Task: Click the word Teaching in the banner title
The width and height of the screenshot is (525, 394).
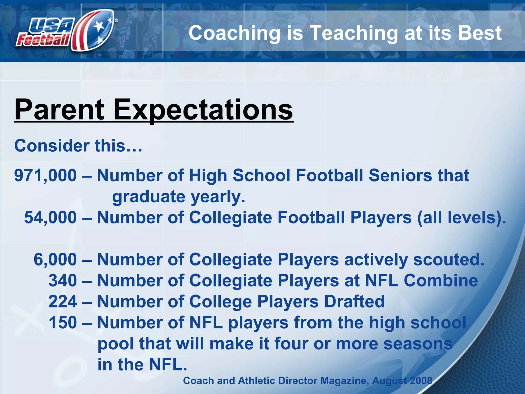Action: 354,33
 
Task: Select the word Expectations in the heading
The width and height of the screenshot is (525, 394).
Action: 203,110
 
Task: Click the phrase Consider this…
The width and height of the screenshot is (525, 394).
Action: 78,146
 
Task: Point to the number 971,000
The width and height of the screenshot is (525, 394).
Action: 45,176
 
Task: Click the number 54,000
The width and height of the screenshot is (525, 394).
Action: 50,218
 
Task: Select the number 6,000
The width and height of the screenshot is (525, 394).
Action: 55,259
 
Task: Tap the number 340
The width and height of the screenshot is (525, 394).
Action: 63,280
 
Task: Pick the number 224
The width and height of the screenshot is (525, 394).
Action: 63,301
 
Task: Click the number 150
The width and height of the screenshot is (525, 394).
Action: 63,322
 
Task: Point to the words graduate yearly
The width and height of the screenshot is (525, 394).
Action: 179,197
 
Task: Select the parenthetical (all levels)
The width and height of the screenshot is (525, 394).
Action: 461,218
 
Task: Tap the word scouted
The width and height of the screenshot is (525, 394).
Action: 449,259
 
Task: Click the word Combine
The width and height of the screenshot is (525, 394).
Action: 441,280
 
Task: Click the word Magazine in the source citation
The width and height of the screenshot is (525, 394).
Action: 343,381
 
